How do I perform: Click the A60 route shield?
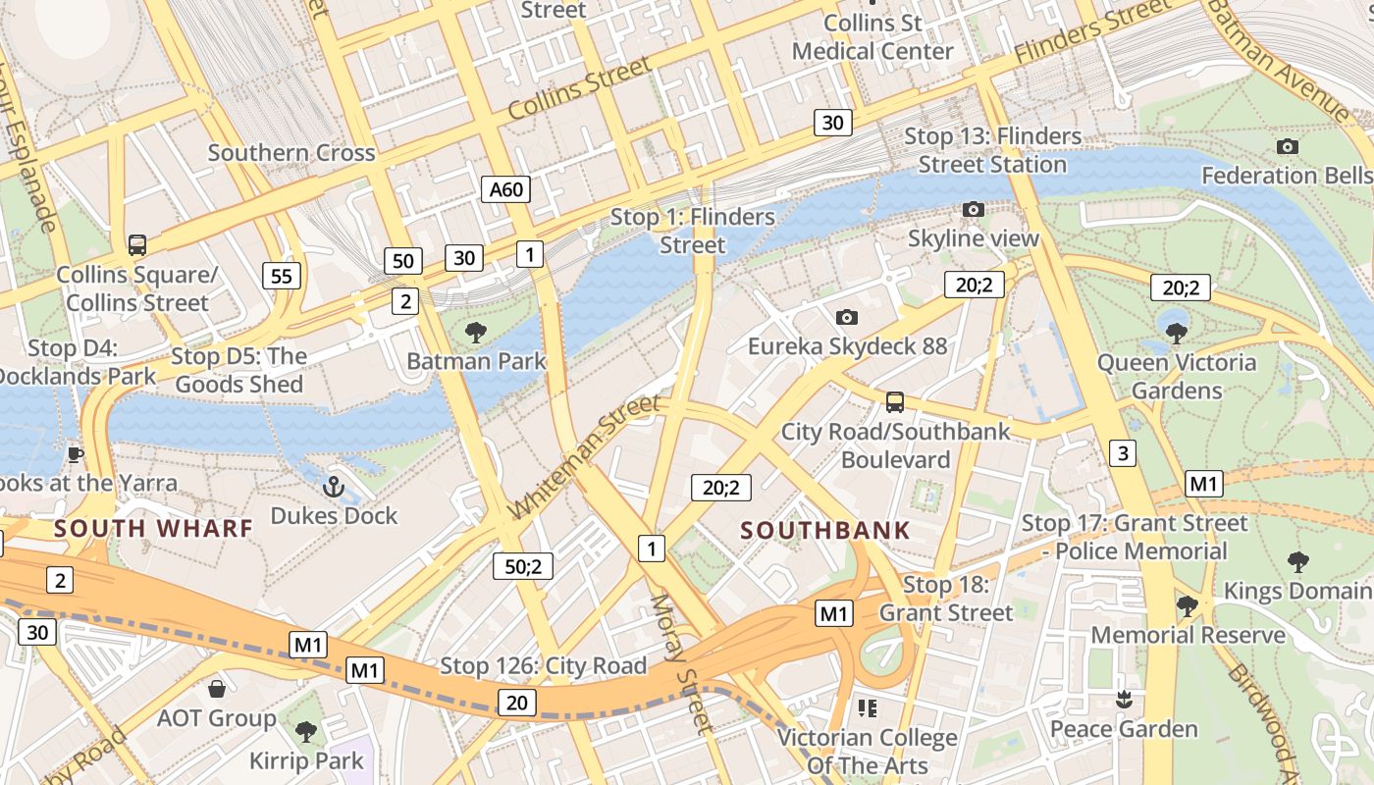pos(505,189)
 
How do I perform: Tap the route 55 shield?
pos(281,276)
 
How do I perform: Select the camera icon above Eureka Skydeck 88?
pos(846,317)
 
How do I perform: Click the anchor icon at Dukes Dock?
pos(334,487)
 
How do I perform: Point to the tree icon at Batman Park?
pos(476,332)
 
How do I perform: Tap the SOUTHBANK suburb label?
pos(825,531)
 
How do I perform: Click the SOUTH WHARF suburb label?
pos(153,528)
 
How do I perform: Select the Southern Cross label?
pos(291,152)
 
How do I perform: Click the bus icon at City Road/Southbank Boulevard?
pos(894,401)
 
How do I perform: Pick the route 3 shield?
pos(1123,452)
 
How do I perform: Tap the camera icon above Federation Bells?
pos(1287,147)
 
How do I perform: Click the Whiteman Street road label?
pos(586,457)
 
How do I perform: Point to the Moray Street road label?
pos(679,664)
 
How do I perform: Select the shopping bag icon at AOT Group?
pos(216,690)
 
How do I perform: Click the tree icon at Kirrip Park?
pos(306,731)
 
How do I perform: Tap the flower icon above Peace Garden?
pos(1124,699)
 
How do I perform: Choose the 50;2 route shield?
pos(523,566)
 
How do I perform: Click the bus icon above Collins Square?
pos(136,245)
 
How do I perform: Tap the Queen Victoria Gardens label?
pos(1176,376)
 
